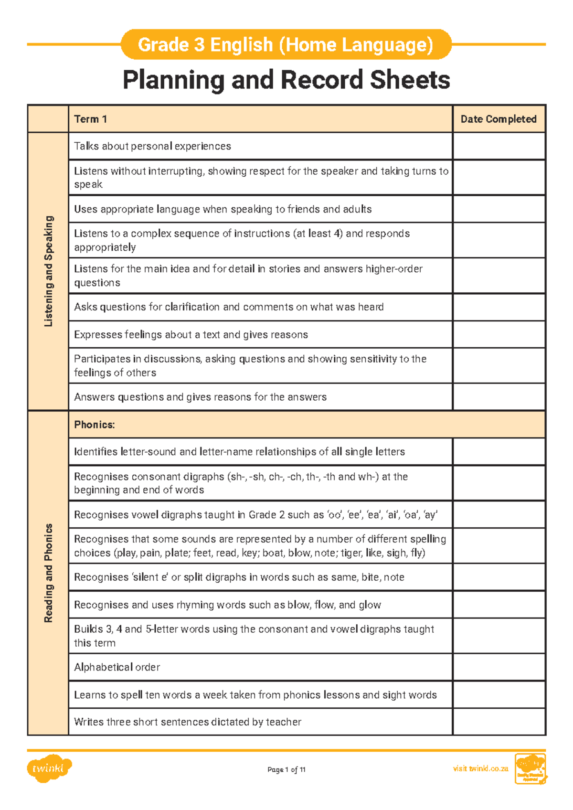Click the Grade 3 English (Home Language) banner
[286, 44]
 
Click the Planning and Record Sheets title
[286, 80]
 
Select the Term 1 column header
[90, 119]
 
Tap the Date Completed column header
[499, 119]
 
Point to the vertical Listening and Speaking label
[48, 271]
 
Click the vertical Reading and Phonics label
[48, 573]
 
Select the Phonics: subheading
[95, 425]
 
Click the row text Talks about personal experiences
[152, 146]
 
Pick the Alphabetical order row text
[117, 667]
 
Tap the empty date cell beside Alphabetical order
[499, 667]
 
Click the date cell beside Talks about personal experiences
[499, 146]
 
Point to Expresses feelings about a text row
[191, 334]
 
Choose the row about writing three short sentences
[188, 722]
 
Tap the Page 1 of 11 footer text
[286, 769]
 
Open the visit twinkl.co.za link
[480, 768]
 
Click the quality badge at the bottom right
[530, 769]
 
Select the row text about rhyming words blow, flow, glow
[227, 605]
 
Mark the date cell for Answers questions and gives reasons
[499, 397]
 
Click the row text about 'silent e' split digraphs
[239, 577]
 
